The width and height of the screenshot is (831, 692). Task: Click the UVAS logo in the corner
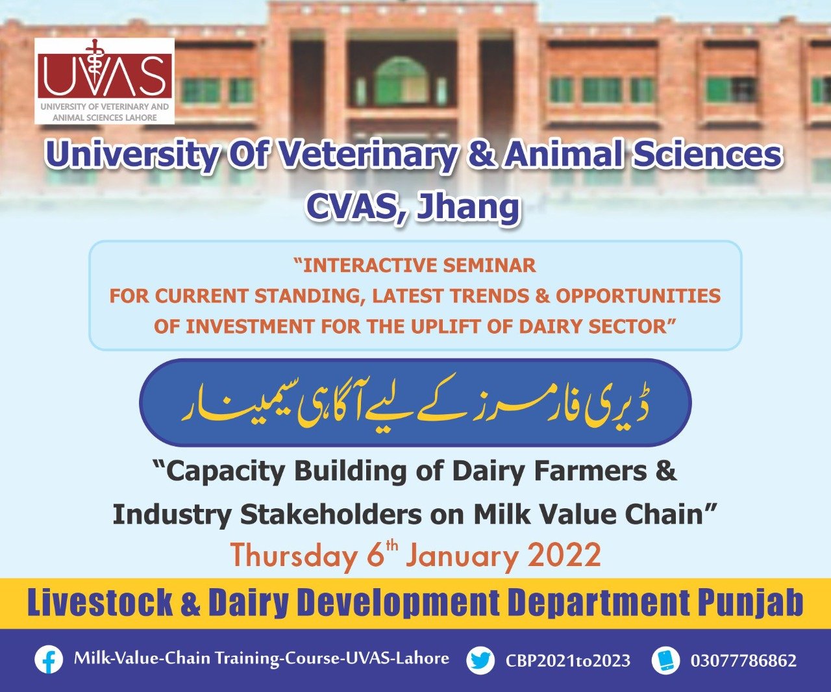coord(105,80)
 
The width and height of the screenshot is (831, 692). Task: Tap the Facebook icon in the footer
coord(49,660)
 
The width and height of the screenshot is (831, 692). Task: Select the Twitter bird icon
coord(480,660)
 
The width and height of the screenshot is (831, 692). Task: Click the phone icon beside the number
coord(666,660)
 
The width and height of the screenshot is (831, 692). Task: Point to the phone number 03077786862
coord(743,660)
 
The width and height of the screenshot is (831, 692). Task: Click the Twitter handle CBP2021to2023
coord(568,660)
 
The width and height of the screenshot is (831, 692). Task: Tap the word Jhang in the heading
coord(467,207)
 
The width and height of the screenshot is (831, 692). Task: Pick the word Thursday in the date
coord(293,556)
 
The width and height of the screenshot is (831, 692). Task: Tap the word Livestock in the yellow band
coord(100,603)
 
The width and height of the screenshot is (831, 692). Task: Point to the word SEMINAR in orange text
coord(490,266)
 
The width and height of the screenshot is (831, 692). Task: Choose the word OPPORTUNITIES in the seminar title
coord(638,295)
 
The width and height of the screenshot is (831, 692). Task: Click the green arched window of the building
coord(401,82)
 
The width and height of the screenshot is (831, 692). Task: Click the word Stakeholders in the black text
coord(330,515)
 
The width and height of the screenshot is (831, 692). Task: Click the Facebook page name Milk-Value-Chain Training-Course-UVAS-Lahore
coord(262,659)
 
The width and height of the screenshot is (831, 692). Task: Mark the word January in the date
coord(462,556)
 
